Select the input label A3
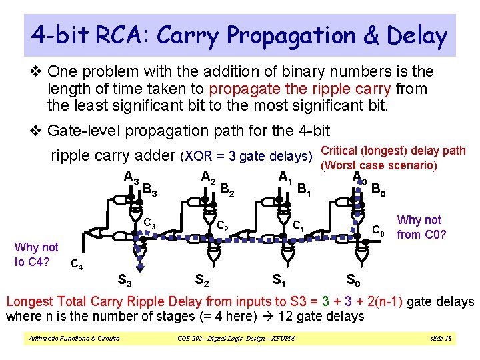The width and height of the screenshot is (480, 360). pos(131,178)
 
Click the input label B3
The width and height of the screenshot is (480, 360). pos(150,192)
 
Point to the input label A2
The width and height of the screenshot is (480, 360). pos(208,178)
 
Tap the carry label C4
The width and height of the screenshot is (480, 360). pos(77,265)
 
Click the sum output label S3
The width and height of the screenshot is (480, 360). pos(124,279)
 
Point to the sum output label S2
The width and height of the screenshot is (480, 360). pos(201,279)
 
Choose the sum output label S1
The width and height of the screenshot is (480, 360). pos(280,279)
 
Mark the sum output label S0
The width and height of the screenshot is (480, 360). pos(355,279)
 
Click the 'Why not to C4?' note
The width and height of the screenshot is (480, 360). pos(36,254)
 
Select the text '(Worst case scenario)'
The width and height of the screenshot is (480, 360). pos(379,165)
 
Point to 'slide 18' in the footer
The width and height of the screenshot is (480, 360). pos(441,339)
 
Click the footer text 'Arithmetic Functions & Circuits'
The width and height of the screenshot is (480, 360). pos(73,339)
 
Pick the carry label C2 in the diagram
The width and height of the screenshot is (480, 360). pos(222,227)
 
